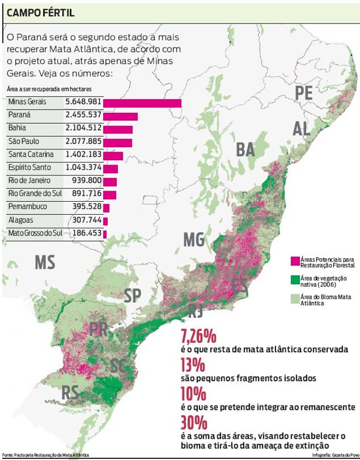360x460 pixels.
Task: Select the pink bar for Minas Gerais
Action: tap(142, 103)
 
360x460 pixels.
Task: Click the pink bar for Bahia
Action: tap(118, 129)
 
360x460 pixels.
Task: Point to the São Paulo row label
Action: tap(24, 142)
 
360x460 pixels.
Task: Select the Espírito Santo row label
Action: tap(31, 168)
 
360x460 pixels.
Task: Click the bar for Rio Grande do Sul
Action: tap(110, 195)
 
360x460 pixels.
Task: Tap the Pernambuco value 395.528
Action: tap(85, 207)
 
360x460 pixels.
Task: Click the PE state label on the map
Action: tap(303, 93)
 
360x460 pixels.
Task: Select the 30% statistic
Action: tap(194, 423)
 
